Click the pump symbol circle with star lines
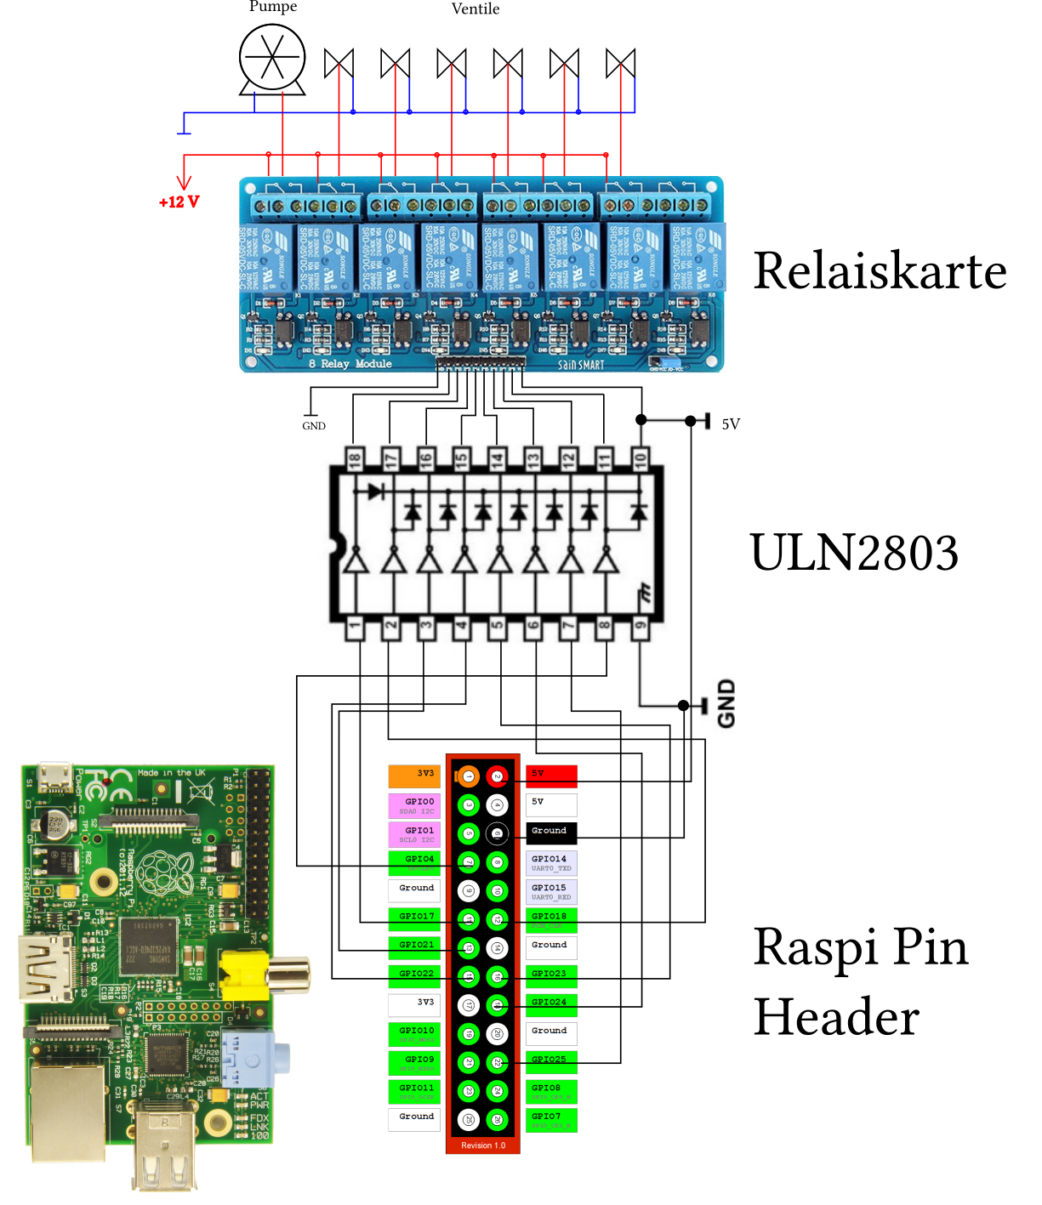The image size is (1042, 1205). (x=272, y=58)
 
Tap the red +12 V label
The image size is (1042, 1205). (x=179, y=202)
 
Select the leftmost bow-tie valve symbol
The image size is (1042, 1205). (x=339, y=64)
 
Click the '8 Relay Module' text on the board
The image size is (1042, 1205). (x=350, y=364)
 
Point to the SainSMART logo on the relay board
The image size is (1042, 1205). (x=581, y=365)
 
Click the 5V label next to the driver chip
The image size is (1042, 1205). (x=731, y=424)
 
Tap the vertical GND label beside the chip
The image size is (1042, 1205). (x=726, y=703)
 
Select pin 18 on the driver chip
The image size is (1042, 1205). (x=355, y=459)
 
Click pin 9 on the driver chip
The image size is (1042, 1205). (x=641, y=628)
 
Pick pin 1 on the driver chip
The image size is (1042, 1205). (x=355, y=628)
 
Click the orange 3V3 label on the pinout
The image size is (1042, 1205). (x=415, y=775)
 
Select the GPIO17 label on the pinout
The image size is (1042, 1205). (x=415, y=917)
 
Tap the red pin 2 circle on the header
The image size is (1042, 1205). (x=497, y=776)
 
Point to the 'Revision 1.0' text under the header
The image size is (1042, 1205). (x=483, y=1145)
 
